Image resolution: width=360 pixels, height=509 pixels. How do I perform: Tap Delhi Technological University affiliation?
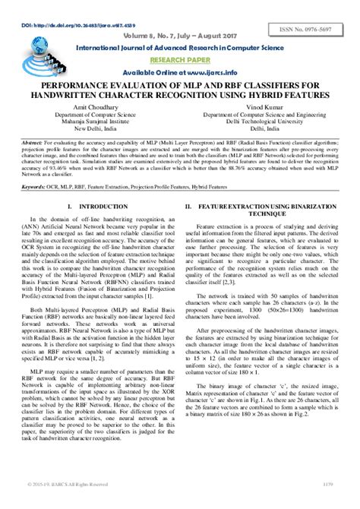coord(267,121)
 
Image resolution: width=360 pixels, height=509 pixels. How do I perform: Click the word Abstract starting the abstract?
coord(32,141)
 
